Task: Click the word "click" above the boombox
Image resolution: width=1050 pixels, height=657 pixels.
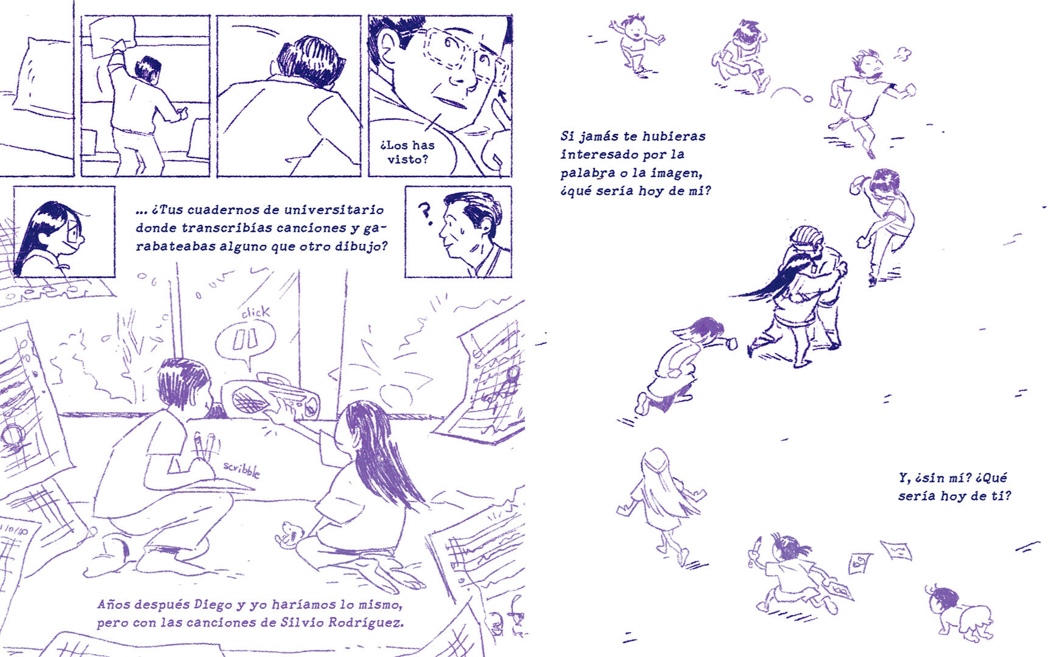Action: coord(256,313)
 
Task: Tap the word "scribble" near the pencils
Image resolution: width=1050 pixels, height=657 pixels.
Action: coord(241,469)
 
